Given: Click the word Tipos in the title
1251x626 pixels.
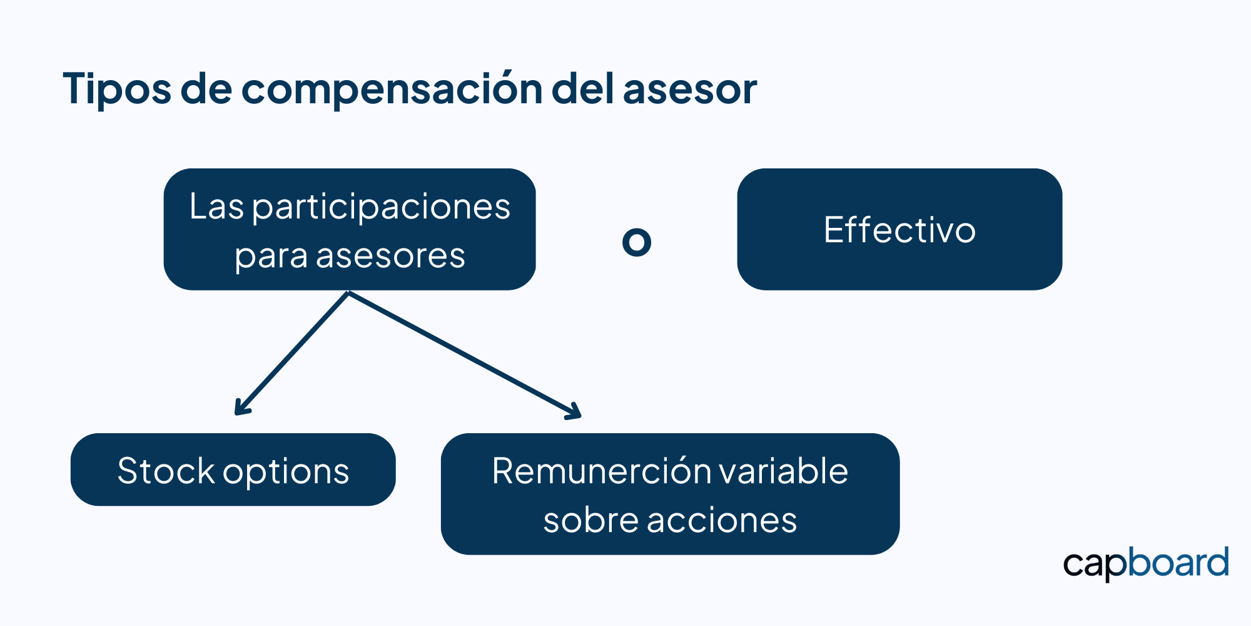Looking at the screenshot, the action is tap(117, 89).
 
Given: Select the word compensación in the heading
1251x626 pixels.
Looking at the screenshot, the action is tap(392, 89).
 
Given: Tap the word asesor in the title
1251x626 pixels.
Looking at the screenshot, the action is tap(690, 89).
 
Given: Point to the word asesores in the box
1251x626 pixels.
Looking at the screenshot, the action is tap(390, 255).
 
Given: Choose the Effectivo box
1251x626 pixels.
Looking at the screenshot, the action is tap(899, 229).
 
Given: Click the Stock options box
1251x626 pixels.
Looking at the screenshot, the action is tap(233, 469).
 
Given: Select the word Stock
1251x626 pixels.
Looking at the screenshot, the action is tap(166, 471).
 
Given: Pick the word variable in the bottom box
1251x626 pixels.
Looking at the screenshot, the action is tap(782, 471).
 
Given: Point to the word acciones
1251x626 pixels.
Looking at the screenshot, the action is tap(722, 520).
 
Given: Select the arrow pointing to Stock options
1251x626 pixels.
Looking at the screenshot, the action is tap(291, 353).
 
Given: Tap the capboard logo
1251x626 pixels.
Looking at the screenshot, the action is tap(1146, 564).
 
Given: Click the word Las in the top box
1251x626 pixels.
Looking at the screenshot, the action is tap(216, 207).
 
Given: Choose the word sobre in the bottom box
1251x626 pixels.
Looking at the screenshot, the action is tap(591, 520).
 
